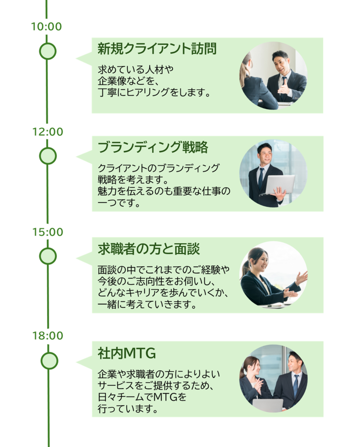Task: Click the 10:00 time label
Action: (x=47, y=27)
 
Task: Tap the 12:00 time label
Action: (x=48, y=132)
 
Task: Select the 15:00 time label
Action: (x=48, y=232)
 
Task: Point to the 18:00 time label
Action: (x=48, y=336)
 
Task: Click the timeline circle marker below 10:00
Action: (x=48, y=51)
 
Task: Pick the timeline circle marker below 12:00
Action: (x=48, y=156)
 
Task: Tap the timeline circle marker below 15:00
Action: (x=48, y=256)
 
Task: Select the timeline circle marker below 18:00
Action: (x=49, y=361)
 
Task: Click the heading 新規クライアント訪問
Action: (x=157, y=49)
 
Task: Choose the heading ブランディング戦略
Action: (x=153, y=147)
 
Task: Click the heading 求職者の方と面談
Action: (x=148, y=249)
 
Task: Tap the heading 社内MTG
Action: (x=127, y=354)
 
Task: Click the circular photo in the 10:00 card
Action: (x=273, y=76)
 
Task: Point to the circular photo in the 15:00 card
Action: (x=273, y=276)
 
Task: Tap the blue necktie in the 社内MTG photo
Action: (x=296, y=385)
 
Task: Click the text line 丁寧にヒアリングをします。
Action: (x=154, y=93)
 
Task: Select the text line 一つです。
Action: (x=119, y=203)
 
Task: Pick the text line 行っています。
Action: (x=128, y=409)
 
